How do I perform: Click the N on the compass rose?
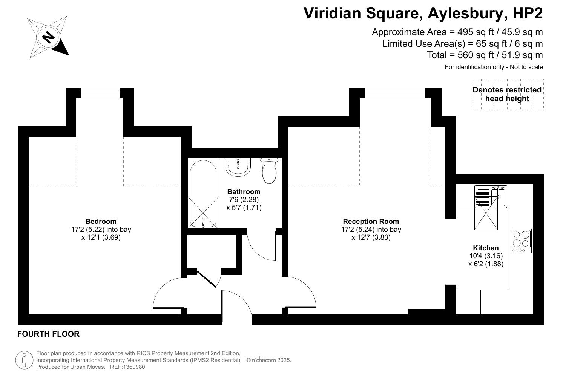48,37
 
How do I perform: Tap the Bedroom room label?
101,222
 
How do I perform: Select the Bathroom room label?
244,191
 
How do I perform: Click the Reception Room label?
371,222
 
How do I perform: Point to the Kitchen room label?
486,248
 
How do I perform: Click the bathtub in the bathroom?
203,194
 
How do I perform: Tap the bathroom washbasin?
238,167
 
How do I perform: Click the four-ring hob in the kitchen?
521,241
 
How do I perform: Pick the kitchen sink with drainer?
491,197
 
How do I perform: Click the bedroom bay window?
100,92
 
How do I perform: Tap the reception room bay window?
395,92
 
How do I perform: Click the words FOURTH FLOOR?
48,334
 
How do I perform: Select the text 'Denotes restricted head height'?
507,94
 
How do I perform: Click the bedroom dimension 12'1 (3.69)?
101,237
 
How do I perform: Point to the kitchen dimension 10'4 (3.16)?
486,256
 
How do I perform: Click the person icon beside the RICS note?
25,360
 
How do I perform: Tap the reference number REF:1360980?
127,367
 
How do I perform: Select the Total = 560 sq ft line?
485,55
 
